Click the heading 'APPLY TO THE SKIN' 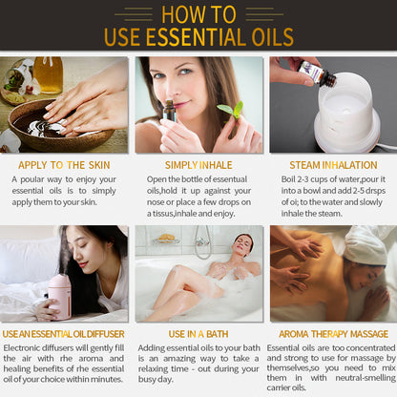click(64, 165)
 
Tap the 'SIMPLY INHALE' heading click(198, 165)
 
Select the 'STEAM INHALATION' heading click(333, 165)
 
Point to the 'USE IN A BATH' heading click(198, 334)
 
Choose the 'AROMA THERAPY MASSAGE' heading click(333, 334)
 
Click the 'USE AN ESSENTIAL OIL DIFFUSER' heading click(63, 334)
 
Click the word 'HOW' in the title click(181, 14)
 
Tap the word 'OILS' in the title click(273, 37)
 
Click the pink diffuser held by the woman click(60, 296)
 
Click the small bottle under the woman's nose click(170, 111)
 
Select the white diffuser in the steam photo click(346, 112)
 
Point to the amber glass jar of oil click(49, 75)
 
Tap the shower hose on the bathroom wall click(202, 241)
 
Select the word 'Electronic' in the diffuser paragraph click(22, 347)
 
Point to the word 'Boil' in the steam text click(288, 179)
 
